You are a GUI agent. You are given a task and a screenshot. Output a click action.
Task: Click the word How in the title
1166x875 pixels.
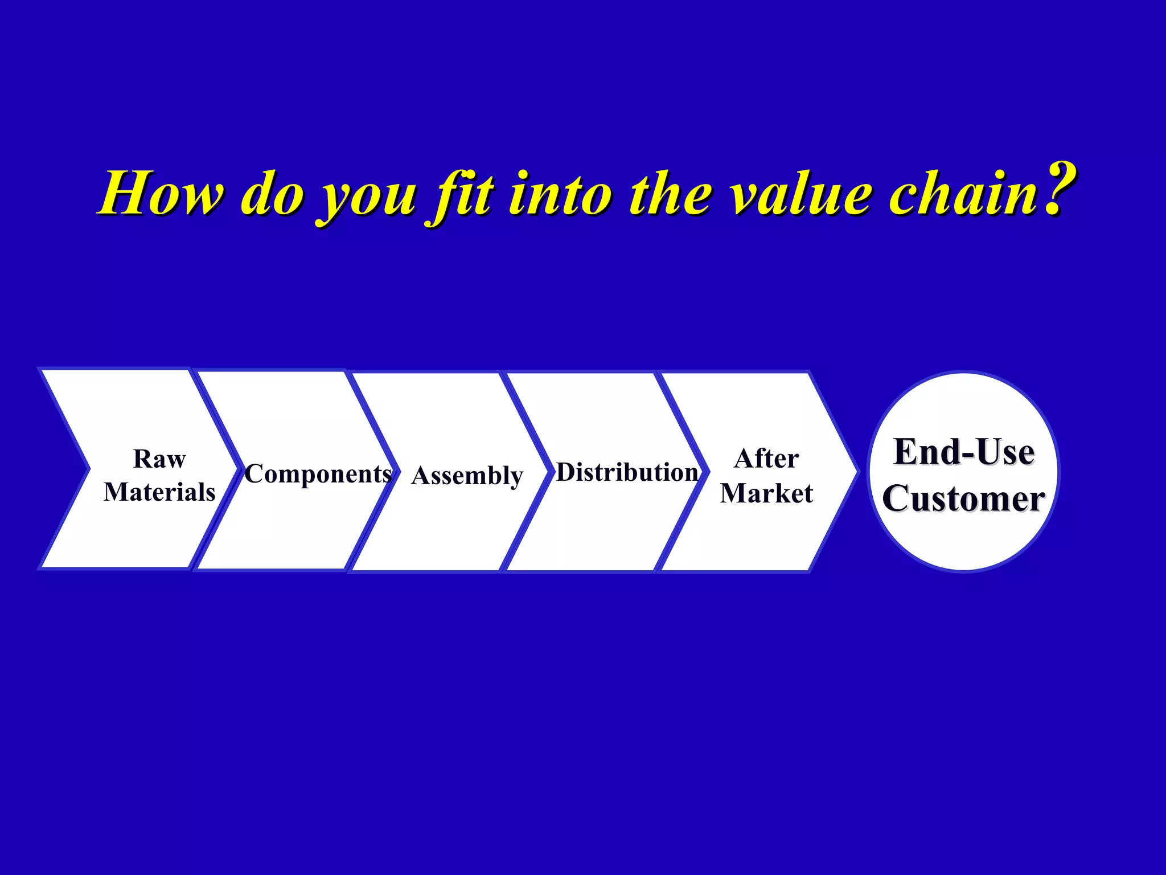click(x=162, y=194)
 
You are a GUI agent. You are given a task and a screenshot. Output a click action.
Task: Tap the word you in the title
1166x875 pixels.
click(x=369, y=197)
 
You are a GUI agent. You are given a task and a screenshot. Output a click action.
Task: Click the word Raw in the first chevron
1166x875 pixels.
click(x=159, y=459)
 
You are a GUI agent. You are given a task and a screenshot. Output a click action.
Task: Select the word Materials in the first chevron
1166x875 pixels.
click(x=159, y=492)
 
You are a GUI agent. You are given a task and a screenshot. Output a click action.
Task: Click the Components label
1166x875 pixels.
click(x=318, y=474)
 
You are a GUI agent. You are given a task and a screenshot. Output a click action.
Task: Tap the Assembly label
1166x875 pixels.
click(x=467, y=476)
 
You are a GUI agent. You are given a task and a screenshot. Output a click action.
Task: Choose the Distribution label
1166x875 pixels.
click(x=627, y=472)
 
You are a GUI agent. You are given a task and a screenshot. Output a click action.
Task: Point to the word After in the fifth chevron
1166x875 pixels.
click(x=766, y=459)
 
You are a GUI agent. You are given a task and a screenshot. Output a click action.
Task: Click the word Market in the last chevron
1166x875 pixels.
click(x=766, y=493)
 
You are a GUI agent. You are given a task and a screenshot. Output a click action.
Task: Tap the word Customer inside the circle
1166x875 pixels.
click(x=963, y=498)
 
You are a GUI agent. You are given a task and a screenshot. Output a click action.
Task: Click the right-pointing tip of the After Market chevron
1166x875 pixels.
click(x=854, y=471)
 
